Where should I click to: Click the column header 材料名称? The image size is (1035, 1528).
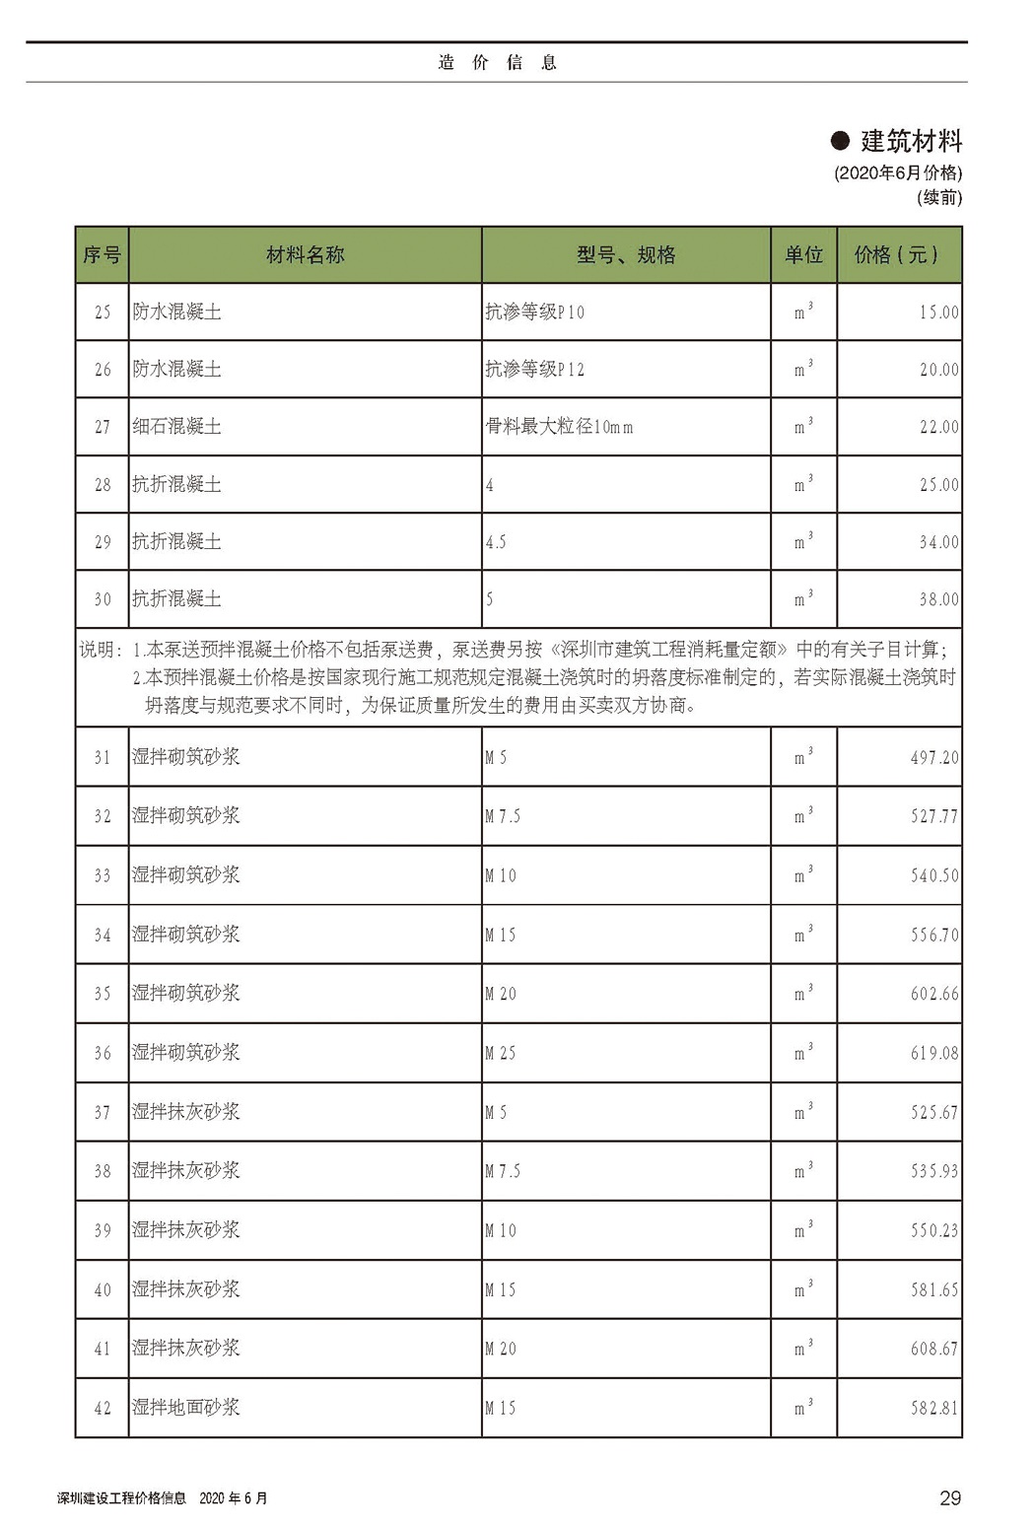click(306, 255)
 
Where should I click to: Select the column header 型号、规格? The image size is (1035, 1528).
click(626, 255)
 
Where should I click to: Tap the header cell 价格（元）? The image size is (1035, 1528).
click(896, 255)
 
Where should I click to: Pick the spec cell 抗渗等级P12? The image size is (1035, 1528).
click(534, 370)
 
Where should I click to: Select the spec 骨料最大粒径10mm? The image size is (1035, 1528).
click(559, 427)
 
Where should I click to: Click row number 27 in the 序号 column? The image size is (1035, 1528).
click(103, 427)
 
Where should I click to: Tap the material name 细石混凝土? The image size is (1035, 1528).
click(177, 427)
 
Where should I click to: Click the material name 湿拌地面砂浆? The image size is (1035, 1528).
click(186, 1408)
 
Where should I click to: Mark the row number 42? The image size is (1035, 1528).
click(103, 1409)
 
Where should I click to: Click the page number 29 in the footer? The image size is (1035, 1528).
click(949, 1498)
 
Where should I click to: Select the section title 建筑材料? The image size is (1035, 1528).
click(911, 142)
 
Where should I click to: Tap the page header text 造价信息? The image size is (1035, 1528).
click(498, 63)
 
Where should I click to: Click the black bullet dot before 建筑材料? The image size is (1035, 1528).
click(840, 142)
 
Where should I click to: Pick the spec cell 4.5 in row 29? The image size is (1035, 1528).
click(496, 542)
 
